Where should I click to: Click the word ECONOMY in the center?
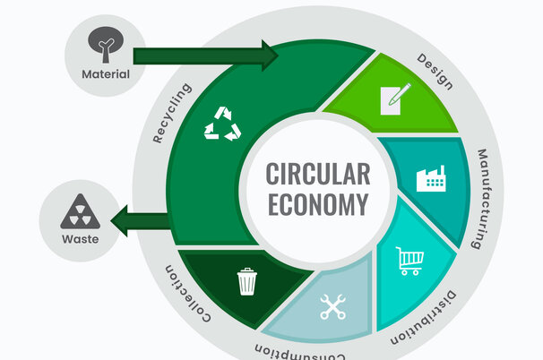point(318,203)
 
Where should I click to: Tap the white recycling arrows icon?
point(222,124)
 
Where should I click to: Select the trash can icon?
point(246,281)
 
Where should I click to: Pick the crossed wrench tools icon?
point(333,307)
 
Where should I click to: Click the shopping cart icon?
point(409,261)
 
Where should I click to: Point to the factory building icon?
point(432,178)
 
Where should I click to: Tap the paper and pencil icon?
point(395,98)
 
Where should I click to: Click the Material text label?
point(106,73)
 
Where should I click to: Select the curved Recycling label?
point(171,114)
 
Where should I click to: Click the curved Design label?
point(435,72)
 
